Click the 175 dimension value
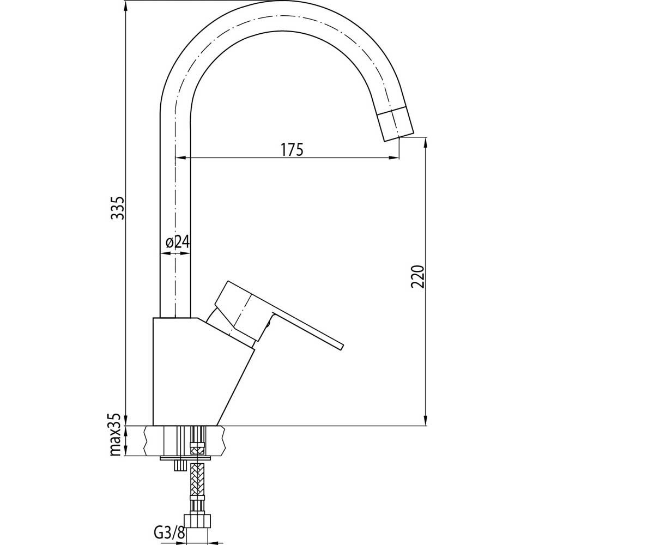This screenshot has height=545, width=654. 292,149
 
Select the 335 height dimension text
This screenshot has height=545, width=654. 118,208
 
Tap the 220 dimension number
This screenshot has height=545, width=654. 418,276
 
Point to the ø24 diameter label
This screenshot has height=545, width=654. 178,242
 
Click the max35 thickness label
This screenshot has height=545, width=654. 115,434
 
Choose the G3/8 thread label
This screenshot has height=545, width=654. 169,532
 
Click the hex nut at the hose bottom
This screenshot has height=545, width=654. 197,521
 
